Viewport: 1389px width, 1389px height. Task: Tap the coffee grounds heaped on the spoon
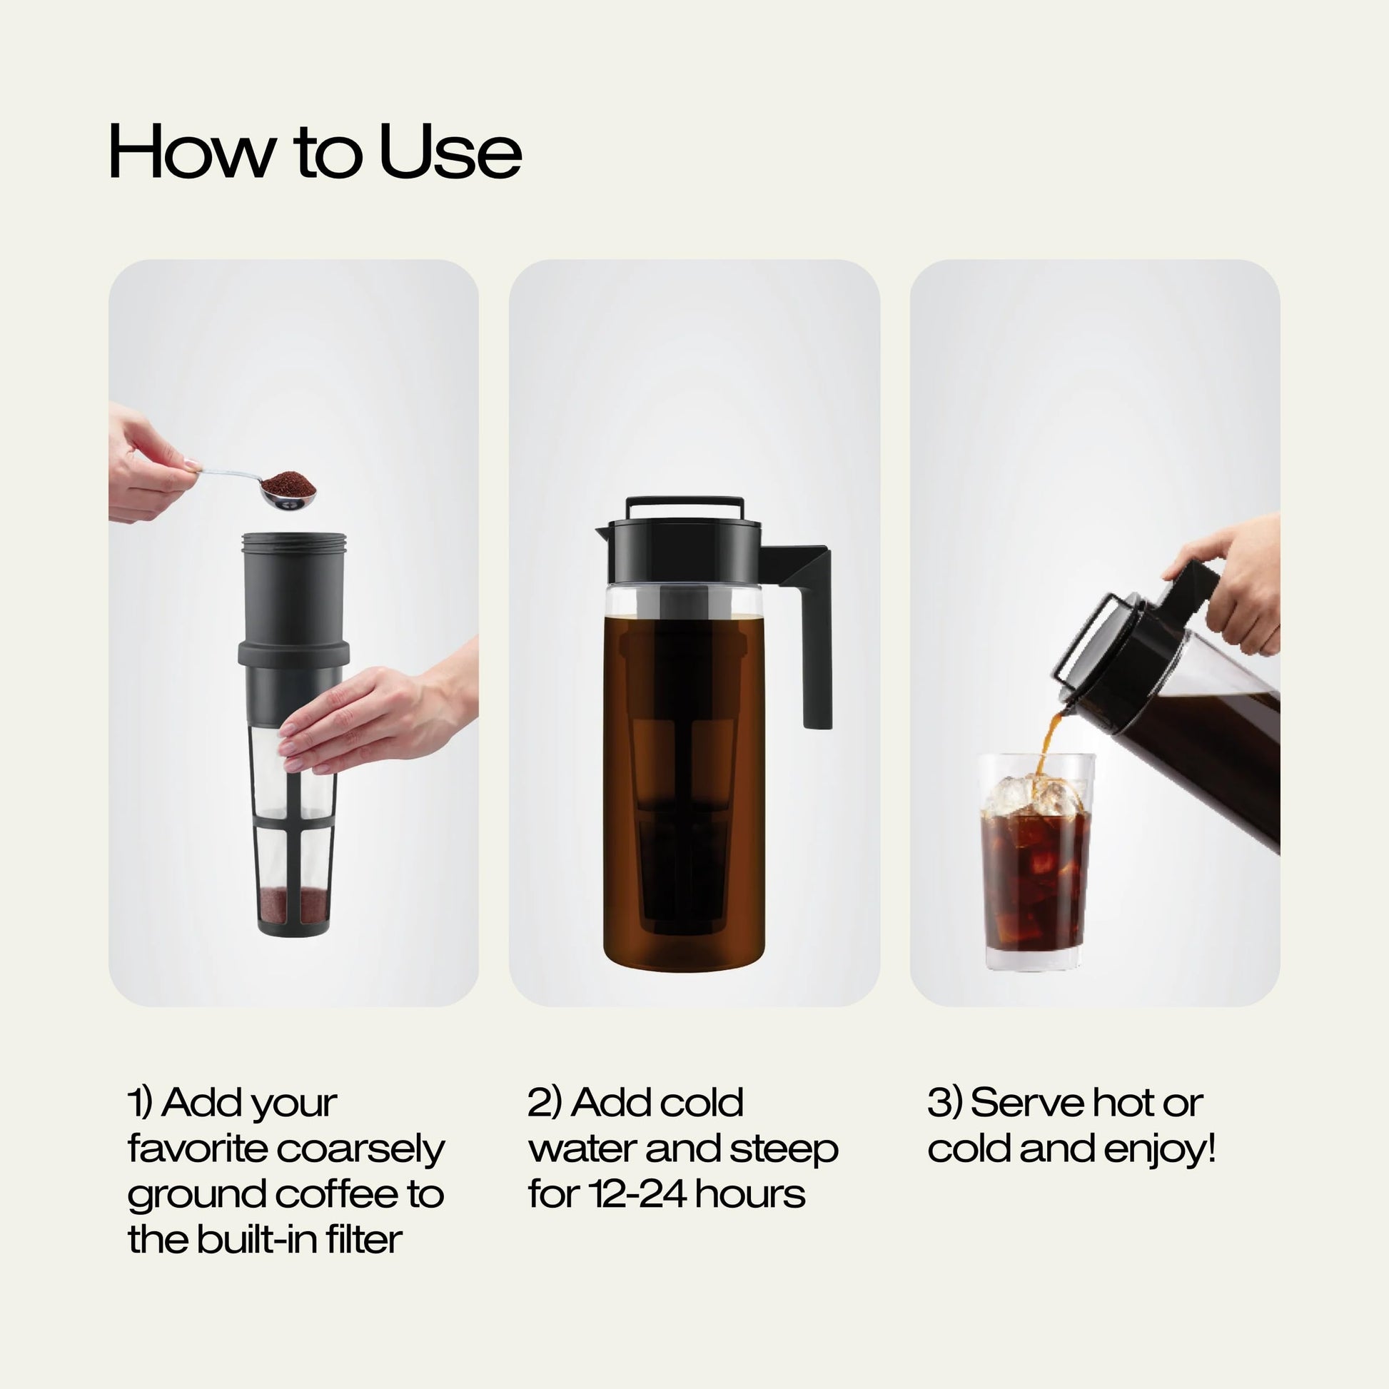tap(289, 483)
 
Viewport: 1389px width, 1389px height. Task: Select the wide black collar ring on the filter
tap(293, 653)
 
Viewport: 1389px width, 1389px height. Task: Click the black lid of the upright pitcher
tap(683, 554)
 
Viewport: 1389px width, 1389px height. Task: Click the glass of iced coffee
tap(1035, 884)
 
